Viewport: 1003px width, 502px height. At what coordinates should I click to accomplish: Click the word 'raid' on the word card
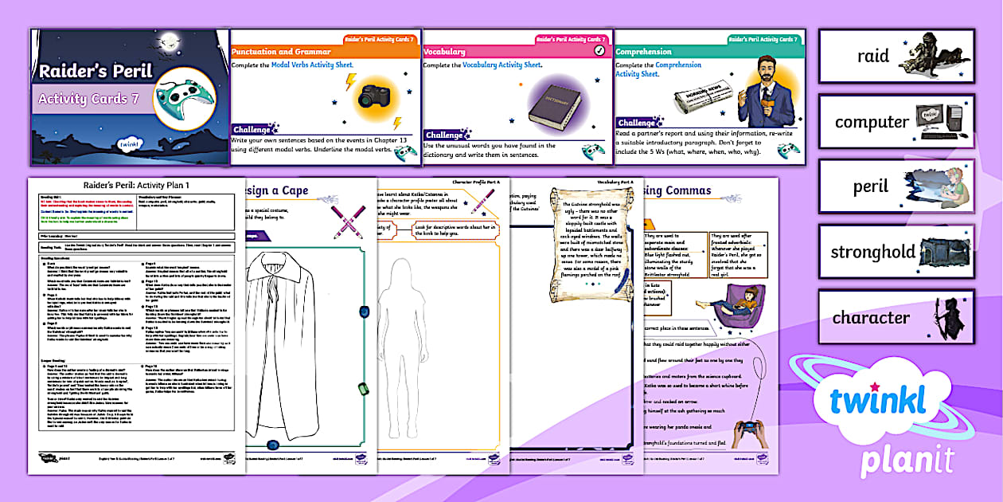tap(872, 57)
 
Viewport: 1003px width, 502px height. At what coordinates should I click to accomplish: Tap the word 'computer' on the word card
tap(872, 122)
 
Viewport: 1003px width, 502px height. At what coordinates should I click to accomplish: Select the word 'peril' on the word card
tap(872, 186)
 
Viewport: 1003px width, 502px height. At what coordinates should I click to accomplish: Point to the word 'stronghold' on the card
tap(872, 252)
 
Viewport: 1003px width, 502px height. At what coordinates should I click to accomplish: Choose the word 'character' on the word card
tap(871, 317)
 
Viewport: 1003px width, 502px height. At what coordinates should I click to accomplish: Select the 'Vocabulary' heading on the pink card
tap(444, 52)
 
